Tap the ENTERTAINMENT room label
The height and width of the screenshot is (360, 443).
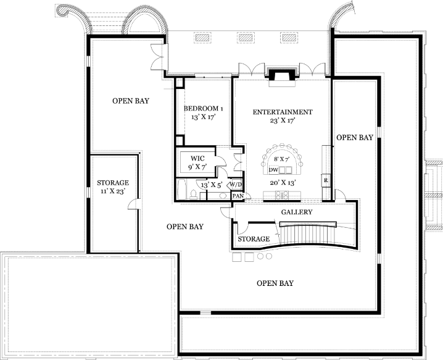(x=283, y=112)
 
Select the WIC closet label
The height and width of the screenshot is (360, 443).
(x=197, y=158)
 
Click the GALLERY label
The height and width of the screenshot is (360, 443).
(x=297, y=212)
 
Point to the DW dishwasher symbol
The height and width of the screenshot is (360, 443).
(x=273, y=170)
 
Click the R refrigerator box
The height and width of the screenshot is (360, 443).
(x=326, y=180)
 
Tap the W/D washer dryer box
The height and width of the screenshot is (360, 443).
(x=236, y=185)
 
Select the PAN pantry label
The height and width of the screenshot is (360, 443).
(x=238, y=196)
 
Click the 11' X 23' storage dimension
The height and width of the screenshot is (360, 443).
(x=113, y=191)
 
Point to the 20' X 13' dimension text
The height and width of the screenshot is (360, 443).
(x=283, y=183)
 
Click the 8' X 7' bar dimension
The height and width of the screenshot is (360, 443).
(x=282, y=159)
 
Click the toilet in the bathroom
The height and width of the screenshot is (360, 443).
(x=194, y=195)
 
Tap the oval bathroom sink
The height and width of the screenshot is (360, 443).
(x=225, y=196)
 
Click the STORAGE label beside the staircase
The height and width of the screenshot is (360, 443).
(x=254, y=239)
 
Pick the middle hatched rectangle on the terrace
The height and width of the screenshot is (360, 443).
(x=246, y=38)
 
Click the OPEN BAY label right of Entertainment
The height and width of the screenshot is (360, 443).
(x=355, y=138)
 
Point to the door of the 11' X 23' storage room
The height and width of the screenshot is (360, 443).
(x=134, y=204)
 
